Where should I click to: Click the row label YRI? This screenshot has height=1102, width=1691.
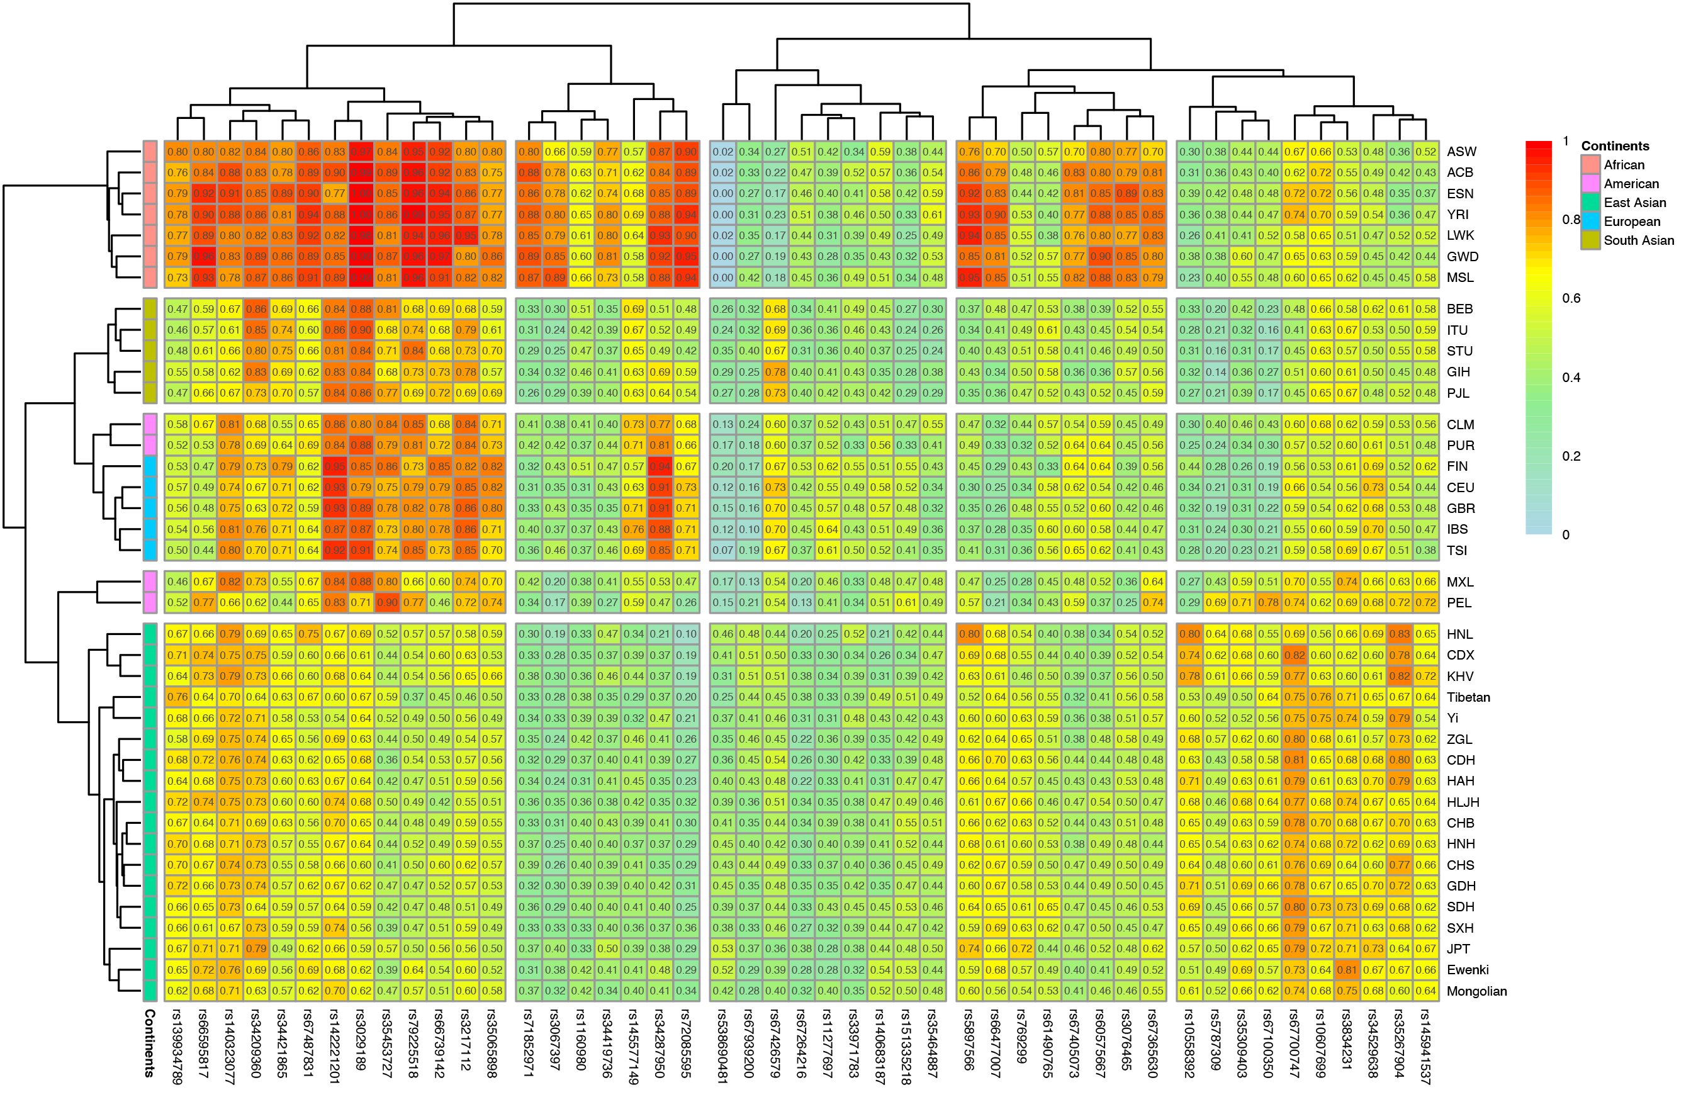(1458, 215)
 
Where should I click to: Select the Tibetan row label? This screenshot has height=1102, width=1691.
(1468, 697)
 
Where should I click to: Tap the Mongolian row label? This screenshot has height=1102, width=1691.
(1476, 991)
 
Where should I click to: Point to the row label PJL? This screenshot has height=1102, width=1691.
(1458, 393)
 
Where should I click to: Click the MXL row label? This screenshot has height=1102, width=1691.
(1460, 582)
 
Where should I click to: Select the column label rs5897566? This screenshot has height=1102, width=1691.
(969, 1040)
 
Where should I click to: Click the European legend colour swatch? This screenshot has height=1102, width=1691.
(1590, 222)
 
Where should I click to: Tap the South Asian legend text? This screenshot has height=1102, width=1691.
(1638, 240)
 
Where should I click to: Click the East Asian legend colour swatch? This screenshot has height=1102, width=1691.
(1590, 203)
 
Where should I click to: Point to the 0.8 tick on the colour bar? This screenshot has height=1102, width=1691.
(1570, 220)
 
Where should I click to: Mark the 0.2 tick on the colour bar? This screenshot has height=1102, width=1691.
(1570, 456)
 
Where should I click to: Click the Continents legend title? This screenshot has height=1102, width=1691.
(1615, 145)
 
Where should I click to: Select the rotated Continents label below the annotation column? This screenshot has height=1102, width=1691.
(150, 1043)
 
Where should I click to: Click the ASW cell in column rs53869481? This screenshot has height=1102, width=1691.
(722, 151)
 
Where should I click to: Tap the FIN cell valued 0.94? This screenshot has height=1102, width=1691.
(660, 466)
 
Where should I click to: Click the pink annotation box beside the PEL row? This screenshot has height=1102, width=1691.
(150, 602)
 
